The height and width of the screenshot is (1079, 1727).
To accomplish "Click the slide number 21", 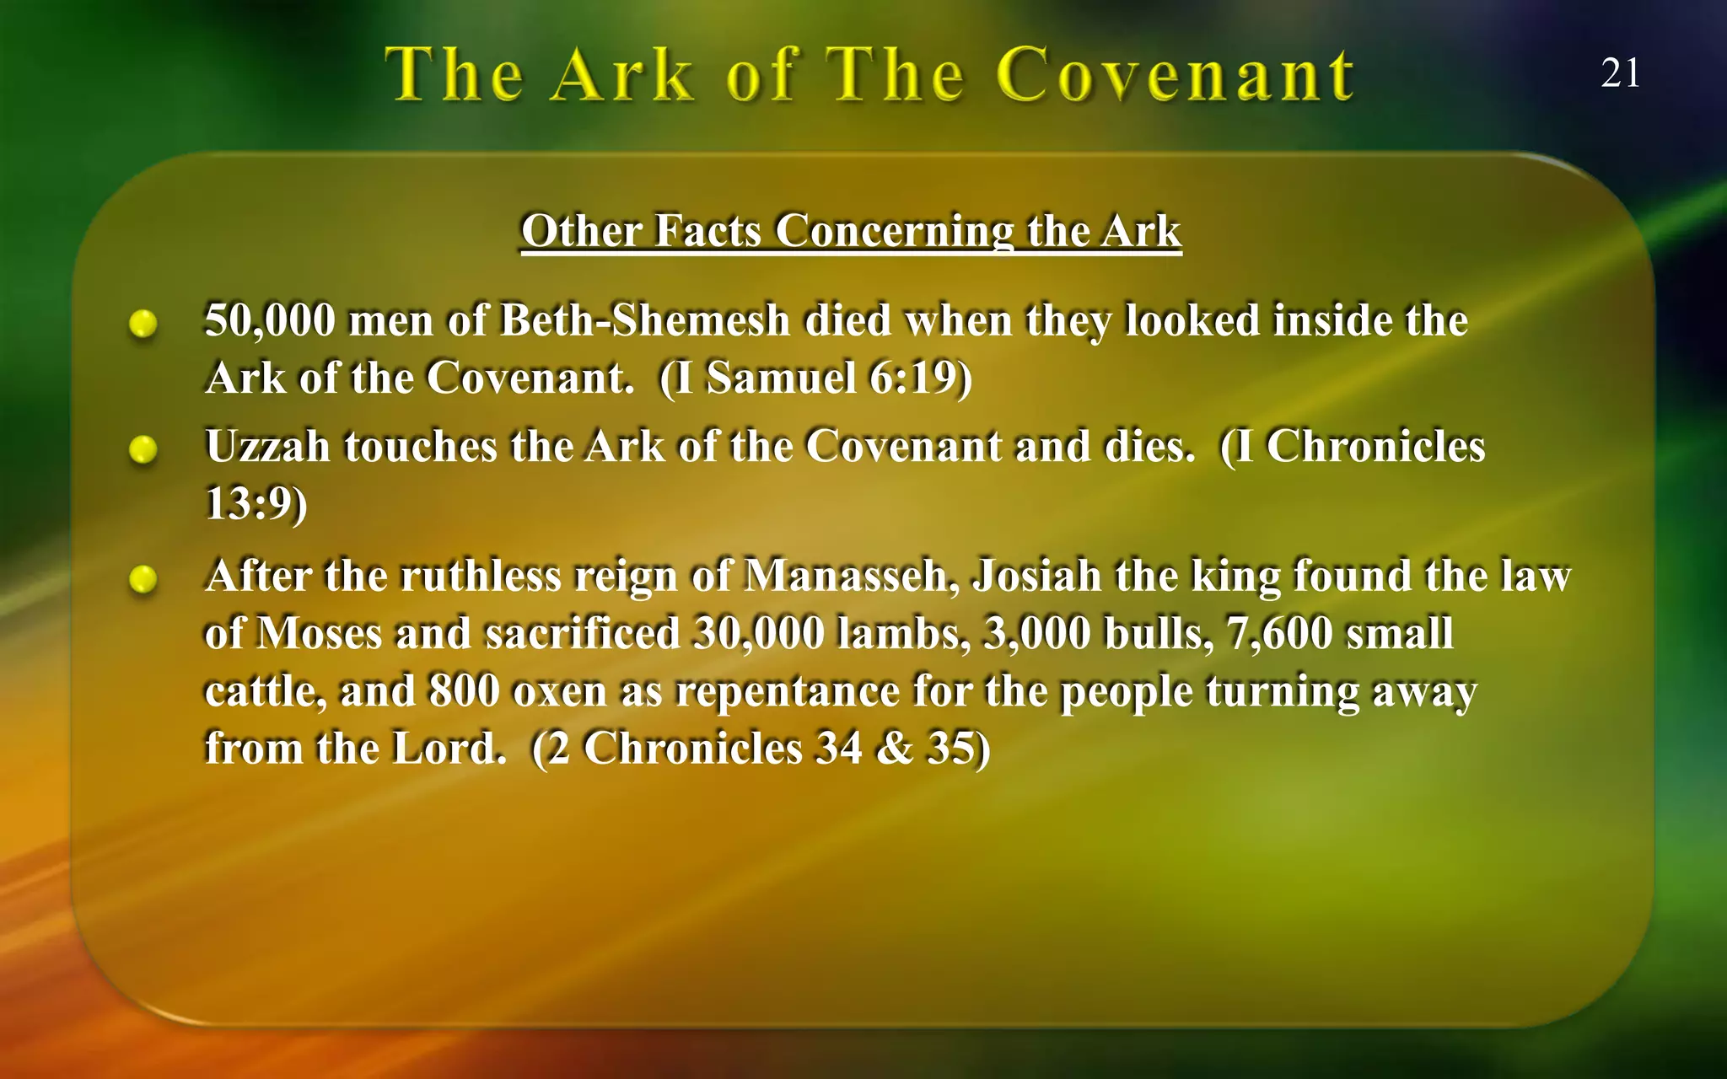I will click(x=1620, y=73).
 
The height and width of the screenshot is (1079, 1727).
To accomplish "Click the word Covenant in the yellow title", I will click(x=1176, y=75).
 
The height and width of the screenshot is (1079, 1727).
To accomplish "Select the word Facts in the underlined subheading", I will click(x=707, y=231).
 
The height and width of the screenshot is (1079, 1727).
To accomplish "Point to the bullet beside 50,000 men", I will click(x=143, y=324).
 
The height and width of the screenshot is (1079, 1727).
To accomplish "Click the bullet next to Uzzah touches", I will click(x=143, y=449).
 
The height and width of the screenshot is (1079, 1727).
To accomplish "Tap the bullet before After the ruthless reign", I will click(x=143, y=579).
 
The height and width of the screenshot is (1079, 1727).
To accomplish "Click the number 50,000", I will click(x=269, y=321).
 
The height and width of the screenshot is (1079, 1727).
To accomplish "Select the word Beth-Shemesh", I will click(x=644, y=321).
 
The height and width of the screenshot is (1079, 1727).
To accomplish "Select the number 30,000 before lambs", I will click(x=758, y=634).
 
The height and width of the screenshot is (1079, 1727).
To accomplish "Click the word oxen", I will click(x=559, y=692).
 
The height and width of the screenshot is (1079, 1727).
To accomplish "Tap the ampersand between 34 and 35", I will click(x=894, y=749).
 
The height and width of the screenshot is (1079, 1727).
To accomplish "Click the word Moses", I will click(x=319, y=634).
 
